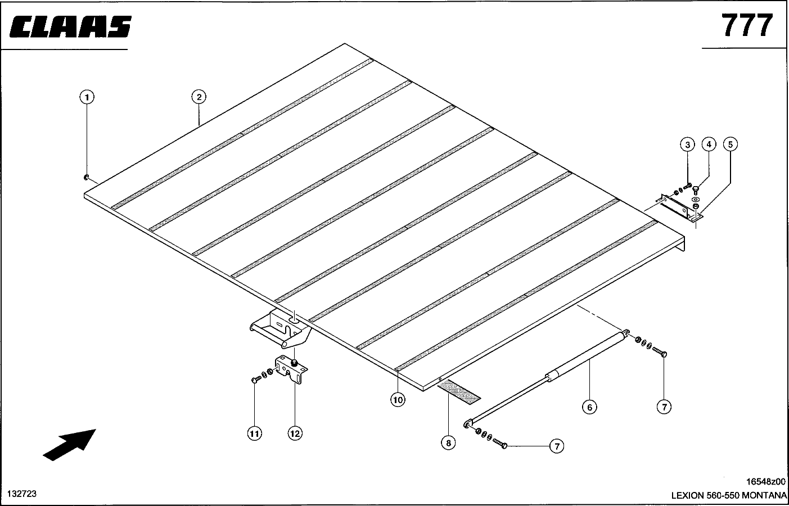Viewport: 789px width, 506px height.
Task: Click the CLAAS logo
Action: click(70, 26)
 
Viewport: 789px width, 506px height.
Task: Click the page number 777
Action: click(747, 25)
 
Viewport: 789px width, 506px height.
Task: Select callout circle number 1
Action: click(87, 97)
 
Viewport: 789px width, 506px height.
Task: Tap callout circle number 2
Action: click(199, 97)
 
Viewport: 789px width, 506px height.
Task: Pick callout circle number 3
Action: click(687, 144)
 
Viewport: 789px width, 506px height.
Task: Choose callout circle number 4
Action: click(709, 144)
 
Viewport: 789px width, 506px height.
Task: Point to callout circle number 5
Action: click(730, 144)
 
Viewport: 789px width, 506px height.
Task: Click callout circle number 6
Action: click(589, 408)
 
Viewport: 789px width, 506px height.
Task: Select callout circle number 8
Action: click(448, 443)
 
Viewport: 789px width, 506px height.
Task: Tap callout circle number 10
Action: click(398, 400)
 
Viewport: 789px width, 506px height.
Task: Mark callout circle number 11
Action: click(255, 433)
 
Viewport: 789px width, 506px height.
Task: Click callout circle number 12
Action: click(295, 433)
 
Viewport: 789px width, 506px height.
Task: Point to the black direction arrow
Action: click(69, 445)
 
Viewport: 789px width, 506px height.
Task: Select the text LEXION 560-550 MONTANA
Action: click(729, 495)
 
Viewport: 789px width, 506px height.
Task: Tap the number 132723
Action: click(22, 494)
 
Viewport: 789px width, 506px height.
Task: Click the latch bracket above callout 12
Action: click(291, 370)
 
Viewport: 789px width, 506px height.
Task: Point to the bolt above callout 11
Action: click(256, 379)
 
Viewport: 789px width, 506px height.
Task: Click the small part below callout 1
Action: click(86, 177)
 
